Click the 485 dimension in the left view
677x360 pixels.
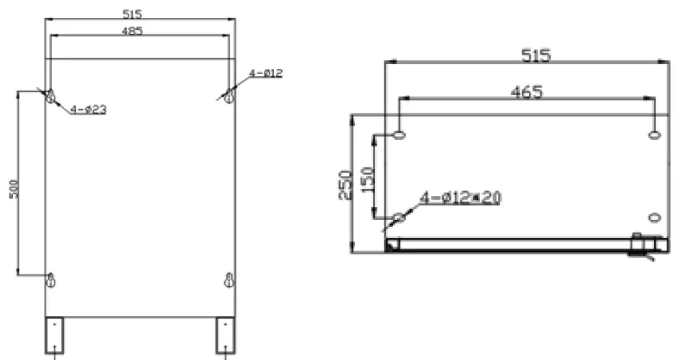(132, 31)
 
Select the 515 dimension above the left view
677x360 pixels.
(132, 14)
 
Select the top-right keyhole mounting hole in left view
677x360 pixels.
(229, 96)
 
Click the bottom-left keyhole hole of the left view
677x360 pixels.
(50, 281)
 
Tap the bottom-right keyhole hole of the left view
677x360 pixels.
(229, 281)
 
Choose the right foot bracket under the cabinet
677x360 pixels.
(225, 333)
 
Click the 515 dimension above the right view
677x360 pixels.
(536, 55)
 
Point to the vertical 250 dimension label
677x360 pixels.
(346, 183)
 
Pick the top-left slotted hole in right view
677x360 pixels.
(400, 135)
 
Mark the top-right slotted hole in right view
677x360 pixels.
(654, 135)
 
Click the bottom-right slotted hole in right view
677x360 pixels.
(654, 217)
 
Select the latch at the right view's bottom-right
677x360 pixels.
(640, 244)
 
